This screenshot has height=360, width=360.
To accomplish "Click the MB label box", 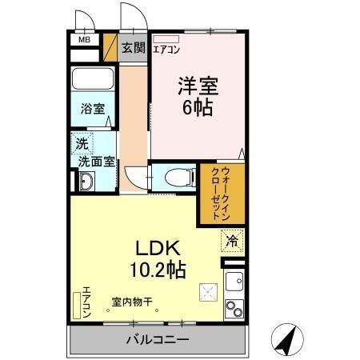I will point(84,38).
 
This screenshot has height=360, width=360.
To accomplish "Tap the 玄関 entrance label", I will point(134,48).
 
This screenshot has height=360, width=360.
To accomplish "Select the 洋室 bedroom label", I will point(198,86).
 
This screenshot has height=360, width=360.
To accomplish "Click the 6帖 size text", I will point(198,107).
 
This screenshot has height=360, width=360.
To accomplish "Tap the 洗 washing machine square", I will point(83,144).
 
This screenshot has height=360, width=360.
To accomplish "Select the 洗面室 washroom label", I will point(95,161).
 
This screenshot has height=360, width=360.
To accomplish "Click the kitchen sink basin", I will point(234,282).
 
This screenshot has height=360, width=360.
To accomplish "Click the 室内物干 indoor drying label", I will point(132,302).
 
